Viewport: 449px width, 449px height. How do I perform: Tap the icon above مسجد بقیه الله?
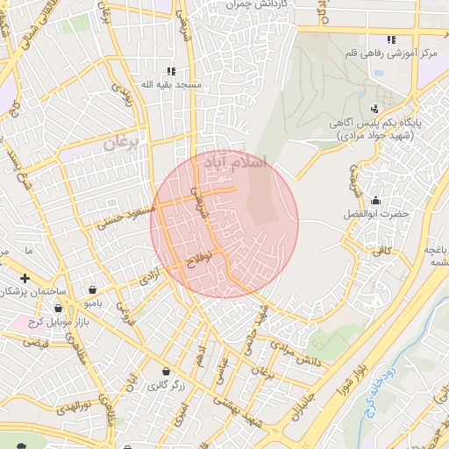(x=171, y=71)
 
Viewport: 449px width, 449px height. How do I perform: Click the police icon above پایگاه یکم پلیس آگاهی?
(x=375, y=110)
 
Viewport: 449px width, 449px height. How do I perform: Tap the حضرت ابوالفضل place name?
(x=376, y=214)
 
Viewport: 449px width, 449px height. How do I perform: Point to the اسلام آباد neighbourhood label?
(x=239, y=163)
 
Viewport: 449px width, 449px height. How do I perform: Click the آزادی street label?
(x=149, y=280)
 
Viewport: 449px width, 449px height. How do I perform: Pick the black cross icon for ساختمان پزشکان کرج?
(x=25, y=278)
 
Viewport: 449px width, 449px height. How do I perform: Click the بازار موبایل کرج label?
(x=41, y=324)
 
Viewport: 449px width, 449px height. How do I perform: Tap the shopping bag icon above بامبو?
(x=93, y=289)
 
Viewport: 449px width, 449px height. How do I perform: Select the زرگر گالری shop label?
(x=165, y=384)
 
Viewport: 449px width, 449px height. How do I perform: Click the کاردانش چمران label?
(x=233, y=4)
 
